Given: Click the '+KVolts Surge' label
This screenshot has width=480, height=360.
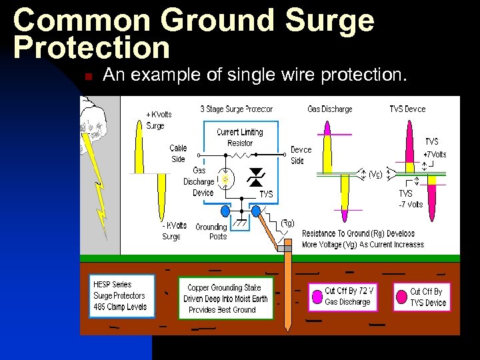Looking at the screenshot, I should click(159, 120).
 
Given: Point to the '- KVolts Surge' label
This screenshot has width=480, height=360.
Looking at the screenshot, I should click(174, 231).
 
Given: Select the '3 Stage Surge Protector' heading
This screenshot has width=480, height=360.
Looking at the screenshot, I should click(236, 109).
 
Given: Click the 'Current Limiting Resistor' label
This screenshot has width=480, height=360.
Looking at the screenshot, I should click(240, 137).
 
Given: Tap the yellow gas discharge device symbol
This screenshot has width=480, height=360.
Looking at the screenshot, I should click(225, 179).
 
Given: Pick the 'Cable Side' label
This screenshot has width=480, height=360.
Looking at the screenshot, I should click(178, 153).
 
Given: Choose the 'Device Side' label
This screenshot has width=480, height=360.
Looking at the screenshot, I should click(301, 155).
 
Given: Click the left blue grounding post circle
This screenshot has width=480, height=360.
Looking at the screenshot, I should click(225, 211).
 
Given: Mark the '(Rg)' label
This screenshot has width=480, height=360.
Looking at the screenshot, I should click(287, 223).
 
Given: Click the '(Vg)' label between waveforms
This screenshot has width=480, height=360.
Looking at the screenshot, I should click(375, 175).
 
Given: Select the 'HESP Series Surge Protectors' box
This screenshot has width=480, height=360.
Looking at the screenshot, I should click(120, 295).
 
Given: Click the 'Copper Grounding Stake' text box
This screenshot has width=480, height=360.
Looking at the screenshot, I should click(225, 299).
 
